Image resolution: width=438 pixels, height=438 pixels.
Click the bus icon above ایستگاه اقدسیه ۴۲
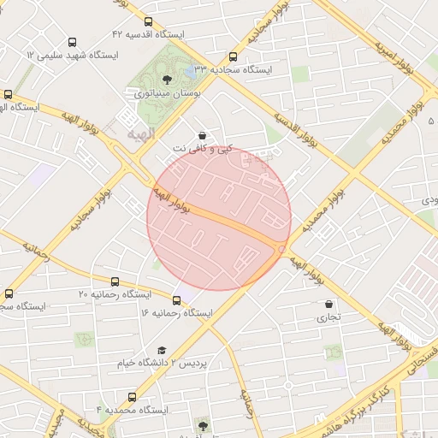(x=149, y=22)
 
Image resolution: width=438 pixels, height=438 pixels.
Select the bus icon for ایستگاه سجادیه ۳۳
(x=234, y=56)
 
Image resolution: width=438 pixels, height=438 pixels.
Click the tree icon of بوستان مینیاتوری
(x=166, y=80)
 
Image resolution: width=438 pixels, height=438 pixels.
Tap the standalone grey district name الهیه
(x=142, y=134)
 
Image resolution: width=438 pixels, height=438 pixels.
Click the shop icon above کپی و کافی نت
(x=202, y=135)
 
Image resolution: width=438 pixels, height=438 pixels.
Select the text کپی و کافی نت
(x=202, y=149)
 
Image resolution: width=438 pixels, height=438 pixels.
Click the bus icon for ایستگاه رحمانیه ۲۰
(x=115, y=281)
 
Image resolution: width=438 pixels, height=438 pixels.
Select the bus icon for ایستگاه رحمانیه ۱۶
(x=176, y=299)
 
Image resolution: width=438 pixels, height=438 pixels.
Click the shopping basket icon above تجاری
(x=329, y=304)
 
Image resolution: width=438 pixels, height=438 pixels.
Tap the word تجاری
(x=329, y=317)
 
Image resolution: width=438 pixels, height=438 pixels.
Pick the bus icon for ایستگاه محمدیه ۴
(x=132, y=397)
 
